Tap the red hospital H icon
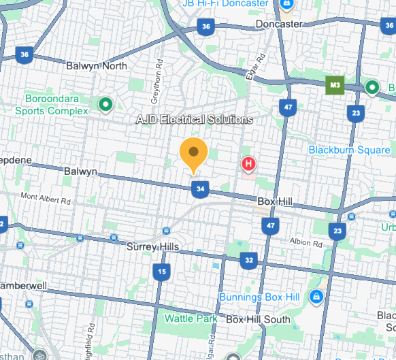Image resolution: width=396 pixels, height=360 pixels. (x=249, y=164)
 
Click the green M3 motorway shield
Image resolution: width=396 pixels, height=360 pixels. (x=334, y=86)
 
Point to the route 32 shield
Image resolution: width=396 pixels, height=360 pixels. (x=250, y=260)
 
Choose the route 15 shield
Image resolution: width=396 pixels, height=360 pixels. (x=161, y=273)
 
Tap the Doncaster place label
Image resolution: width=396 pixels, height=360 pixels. (x=279, y=24)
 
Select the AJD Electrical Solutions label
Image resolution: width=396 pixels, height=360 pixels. (x=194, y=120)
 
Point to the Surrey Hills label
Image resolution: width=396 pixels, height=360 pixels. (x=152, y=246)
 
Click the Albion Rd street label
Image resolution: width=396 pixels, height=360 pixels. (x=304, y=242)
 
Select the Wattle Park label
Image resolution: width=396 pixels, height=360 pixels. (x=191, y=318)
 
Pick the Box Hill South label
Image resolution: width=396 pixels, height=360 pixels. (x=258, y=319)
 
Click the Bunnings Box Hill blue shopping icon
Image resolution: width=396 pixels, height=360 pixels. (x=316, y=297)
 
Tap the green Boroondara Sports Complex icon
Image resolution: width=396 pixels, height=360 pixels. (x=105, y=104)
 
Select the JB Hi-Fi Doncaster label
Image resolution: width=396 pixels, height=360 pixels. (x=225, y=4)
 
